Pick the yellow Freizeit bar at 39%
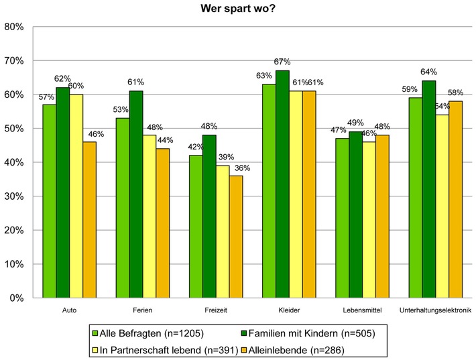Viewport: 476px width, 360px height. click(x=222, y=231)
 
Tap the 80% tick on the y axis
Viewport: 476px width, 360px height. click(x=14, y=27)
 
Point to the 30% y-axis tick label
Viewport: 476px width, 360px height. click(x=14, y=196)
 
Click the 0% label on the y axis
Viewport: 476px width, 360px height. click(x=17, y=298)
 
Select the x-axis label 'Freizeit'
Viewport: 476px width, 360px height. click(x=215, y=311)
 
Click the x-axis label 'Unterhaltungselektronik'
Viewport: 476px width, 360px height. click(x=435, y=311)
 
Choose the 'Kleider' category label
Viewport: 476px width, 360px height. click(x=289, y=311)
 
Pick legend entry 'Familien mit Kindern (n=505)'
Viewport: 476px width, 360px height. click(x=306, y=332)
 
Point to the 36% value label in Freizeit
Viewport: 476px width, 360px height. click(x=235, y=168)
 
